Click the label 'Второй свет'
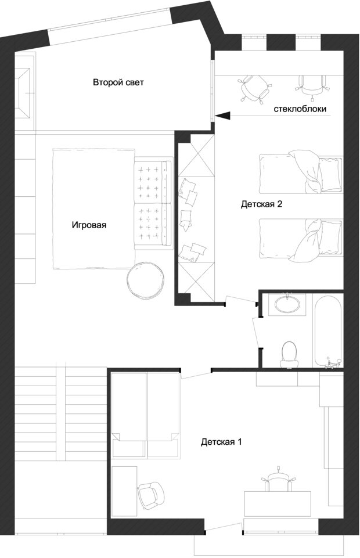pyautogui.click(x=118, y=82)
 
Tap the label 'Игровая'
pyautogui.click(x=89, y=225)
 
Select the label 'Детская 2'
pyautogui.click(x=261, y=204)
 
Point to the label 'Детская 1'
pyautogui.click(x=221, y=442)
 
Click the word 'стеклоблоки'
pyautogui.click(x=300, y=109)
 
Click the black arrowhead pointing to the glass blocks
pyautogui.click(x=223, y=115)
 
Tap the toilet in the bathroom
pyautogui.click(x=289, y=354)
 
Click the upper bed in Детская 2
pyautogui.click(x=301, y=172)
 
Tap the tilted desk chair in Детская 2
pyautogui.click(x=254, y=89)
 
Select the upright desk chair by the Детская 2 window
pyautogui.click(x=312, y=87)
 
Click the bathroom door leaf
pyautogui.click(x=255, y=331)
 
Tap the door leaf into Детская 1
pyautogui.click(x=196, y=375)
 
